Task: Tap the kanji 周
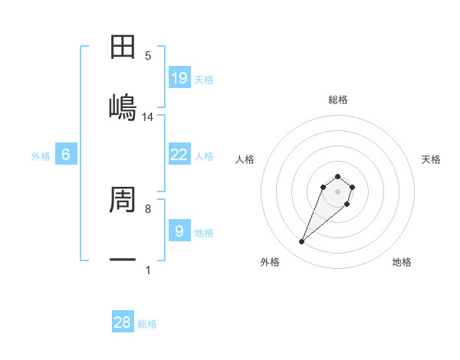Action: [x=123, y=200]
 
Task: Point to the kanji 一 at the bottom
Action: [x=123, y=260]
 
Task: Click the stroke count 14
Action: [x=148, y=117]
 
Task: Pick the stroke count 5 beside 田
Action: [x=148, y=56]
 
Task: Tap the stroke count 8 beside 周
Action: [x=148, y=208]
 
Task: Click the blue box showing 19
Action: [x=179, y=77]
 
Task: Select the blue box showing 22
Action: [x=179, y=154]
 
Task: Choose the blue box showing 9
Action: [x=179, y=230]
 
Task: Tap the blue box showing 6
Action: [x=66, y=155]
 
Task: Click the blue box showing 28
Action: [x=123, y=322]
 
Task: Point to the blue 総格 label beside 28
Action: [x=147, y=324]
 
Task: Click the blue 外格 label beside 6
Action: [x=41, y=156]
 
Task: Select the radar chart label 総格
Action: [x=338, y=100]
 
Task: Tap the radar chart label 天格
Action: [x=431, y=159]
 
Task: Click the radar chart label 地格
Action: [x=402, y=263]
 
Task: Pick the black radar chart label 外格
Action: [x=270, y=263]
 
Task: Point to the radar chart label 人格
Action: [x=245, y=159]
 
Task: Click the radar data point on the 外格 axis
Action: [x=302, y=242]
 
